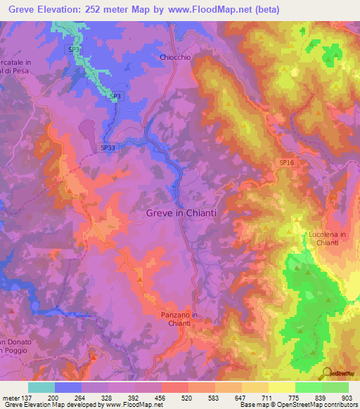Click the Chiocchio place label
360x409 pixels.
coord(175,58)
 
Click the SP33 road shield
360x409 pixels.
coord(108,148)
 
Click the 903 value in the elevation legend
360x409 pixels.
coord(346,398)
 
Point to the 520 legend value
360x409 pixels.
coord(186,398)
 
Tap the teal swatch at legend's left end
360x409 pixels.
coord(41,387)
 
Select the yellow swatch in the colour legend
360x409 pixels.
coord(281,387)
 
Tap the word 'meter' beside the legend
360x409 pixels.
coord(10,398)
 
